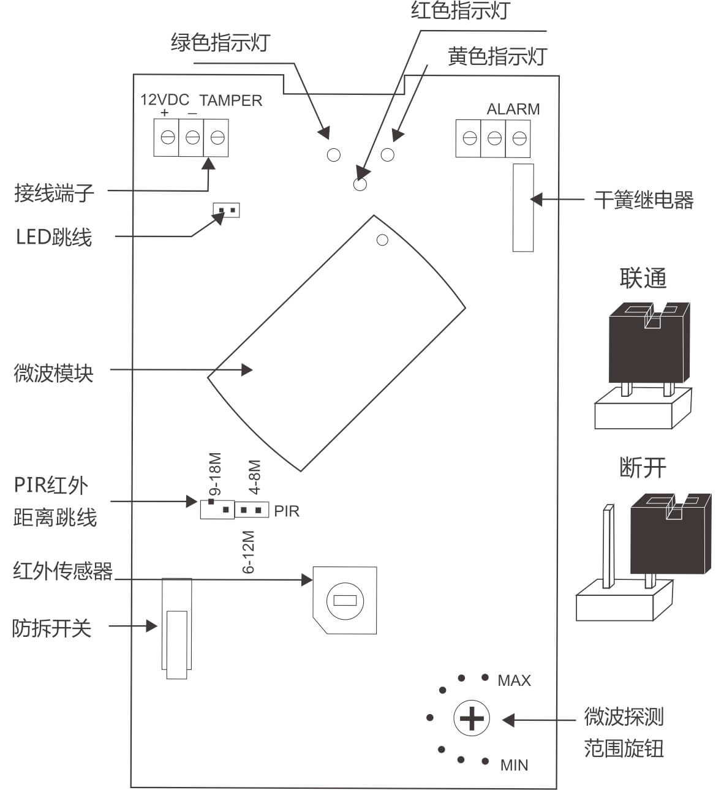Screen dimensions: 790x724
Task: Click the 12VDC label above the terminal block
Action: tap(165, 100)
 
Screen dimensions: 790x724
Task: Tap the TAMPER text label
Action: tap(230, 100)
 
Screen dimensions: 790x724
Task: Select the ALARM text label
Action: tap(513, 109)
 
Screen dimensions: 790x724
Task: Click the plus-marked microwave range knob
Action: tap(471, 718)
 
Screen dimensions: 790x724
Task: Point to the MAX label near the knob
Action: tap(514, 680)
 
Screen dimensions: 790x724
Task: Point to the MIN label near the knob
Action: tap(514, 765)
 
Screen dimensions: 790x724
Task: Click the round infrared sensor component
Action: tap(344, 600)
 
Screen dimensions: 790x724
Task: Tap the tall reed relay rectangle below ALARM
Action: tap(522, 207)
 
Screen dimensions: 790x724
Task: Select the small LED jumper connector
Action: tap(226, 211)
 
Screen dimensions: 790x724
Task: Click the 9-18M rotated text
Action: tap(215, 475)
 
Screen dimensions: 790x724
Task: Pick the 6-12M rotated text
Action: tap(249, 552)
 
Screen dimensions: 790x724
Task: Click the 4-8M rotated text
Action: tap(255, 476)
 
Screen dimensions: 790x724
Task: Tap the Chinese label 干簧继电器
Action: tap(643, 200)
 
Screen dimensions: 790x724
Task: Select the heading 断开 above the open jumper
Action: tap(643, 468)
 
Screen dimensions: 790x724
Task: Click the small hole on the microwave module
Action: tap(382, 240)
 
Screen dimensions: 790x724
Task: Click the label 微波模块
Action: tap(53, 372)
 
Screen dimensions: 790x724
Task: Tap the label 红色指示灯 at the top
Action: tap(459, 11)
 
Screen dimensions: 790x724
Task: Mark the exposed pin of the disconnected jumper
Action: tap(608, 545)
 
